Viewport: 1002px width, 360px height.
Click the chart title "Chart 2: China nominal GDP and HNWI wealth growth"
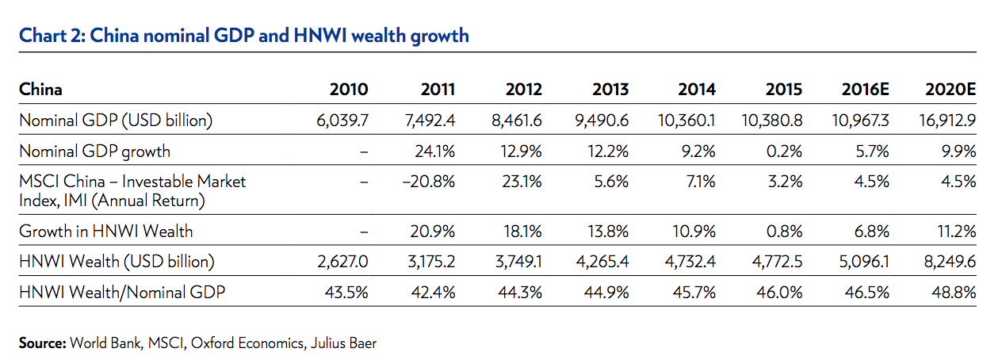pyautogui.click(x=243, y=36)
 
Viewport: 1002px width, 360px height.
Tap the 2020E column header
pyautogui.click(x=950, y=89)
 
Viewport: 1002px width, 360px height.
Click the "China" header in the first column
pyautogui.click(x=40, y=89)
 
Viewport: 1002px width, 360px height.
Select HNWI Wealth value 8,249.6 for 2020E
pyautogui.click(x=950, y=262)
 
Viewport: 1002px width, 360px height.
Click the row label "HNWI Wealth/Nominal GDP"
pyautogui.click(x=122, y=292)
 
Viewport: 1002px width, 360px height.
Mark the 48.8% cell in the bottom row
pyautogui.click(x=957, y=292)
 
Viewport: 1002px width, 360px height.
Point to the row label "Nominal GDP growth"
pyautogui.click(x=94, y=151)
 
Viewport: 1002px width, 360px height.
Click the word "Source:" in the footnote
pyautogui.click(x=42, y=343)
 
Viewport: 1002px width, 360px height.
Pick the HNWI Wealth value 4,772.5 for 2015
pyautogui.click(x=776, y=262)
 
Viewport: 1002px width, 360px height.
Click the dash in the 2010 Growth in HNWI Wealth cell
pyautogui.click(x=364, y=232)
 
